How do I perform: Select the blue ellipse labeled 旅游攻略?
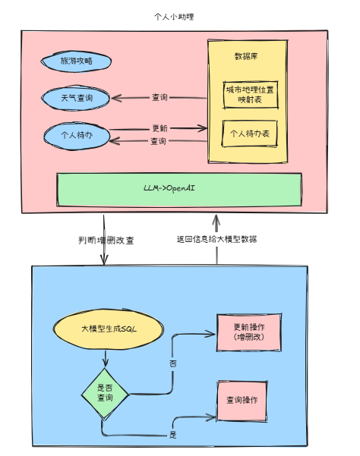click(76, 61)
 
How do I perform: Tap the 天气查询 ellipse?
click(76, 98)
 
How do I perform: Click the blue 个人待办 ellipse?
click(76, 136)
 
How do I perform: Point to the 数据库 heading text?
click(248, 57)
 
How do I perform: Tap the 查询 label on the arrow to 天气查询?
click(159, 98)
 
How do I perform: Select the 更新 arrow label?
click(159, 128)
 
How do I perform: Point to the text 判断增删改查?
click(106, 240)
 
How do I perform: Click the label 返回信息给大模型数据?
click(216, 240)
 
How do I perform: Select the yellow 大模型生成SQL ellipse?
click(108, 329)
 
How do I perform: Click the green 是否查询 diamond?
click(105, 393)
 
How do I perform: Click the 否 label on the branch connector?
click(173, 364)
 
